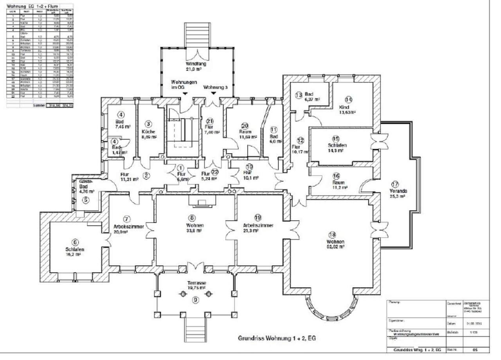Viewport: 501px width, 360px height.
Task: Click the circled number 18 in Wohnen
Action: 332,235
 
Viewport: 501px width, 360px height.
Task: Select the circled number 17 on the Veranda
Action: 395,184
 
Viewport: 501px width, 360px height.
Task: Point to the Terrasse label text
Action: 197,283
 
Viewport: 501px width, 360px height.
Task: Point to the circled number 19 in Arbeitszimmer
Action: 258,218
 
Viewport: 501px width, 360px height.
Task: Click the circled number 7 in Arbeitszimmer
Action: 126,219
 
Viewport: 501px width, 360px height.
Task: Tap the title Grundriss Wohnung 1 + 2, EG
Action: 277,338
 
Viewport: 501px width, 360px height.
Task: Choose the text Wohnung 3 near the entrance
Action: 215,88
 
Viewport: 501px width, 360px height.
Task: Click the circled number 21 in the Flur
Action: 210,121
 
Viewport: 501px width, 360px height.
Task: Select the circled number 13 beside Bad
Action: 299,95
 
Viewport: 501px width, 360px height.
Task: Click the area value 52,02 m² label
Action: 336,247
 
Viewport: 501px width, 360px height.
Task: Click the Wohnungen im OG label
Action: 184,85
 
